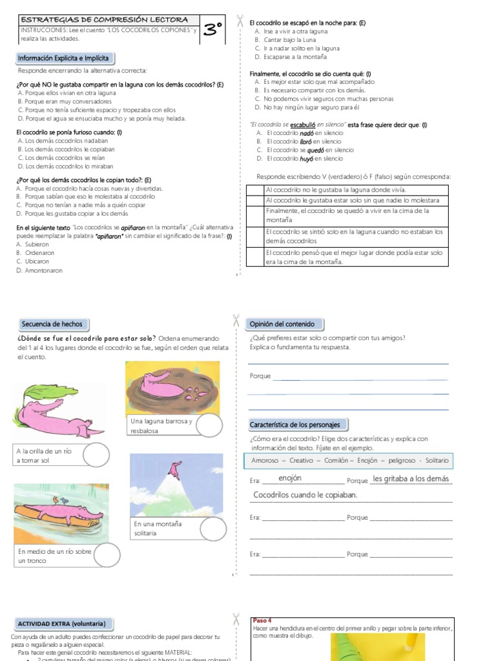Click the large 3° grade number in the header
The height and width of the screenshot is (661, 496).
(212, 29)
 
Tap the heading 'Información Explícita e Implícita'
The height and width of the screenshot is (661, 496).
(63, 58)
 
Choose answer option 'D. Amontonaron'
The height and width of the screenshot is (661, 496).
(39, 270)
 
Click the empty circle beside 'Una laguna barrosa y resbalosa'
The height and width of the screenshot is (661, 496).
(209, 426)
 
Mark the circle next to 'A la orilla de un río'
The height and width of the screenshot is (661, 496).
(96, 455)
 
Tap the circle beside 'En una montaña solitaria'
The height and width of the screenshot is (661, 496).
(213, 528)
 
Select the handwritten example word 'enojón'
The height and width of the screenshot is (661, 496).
(290, 478)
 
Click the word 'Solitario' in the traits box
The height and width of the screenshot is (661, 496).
(436, 461)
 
